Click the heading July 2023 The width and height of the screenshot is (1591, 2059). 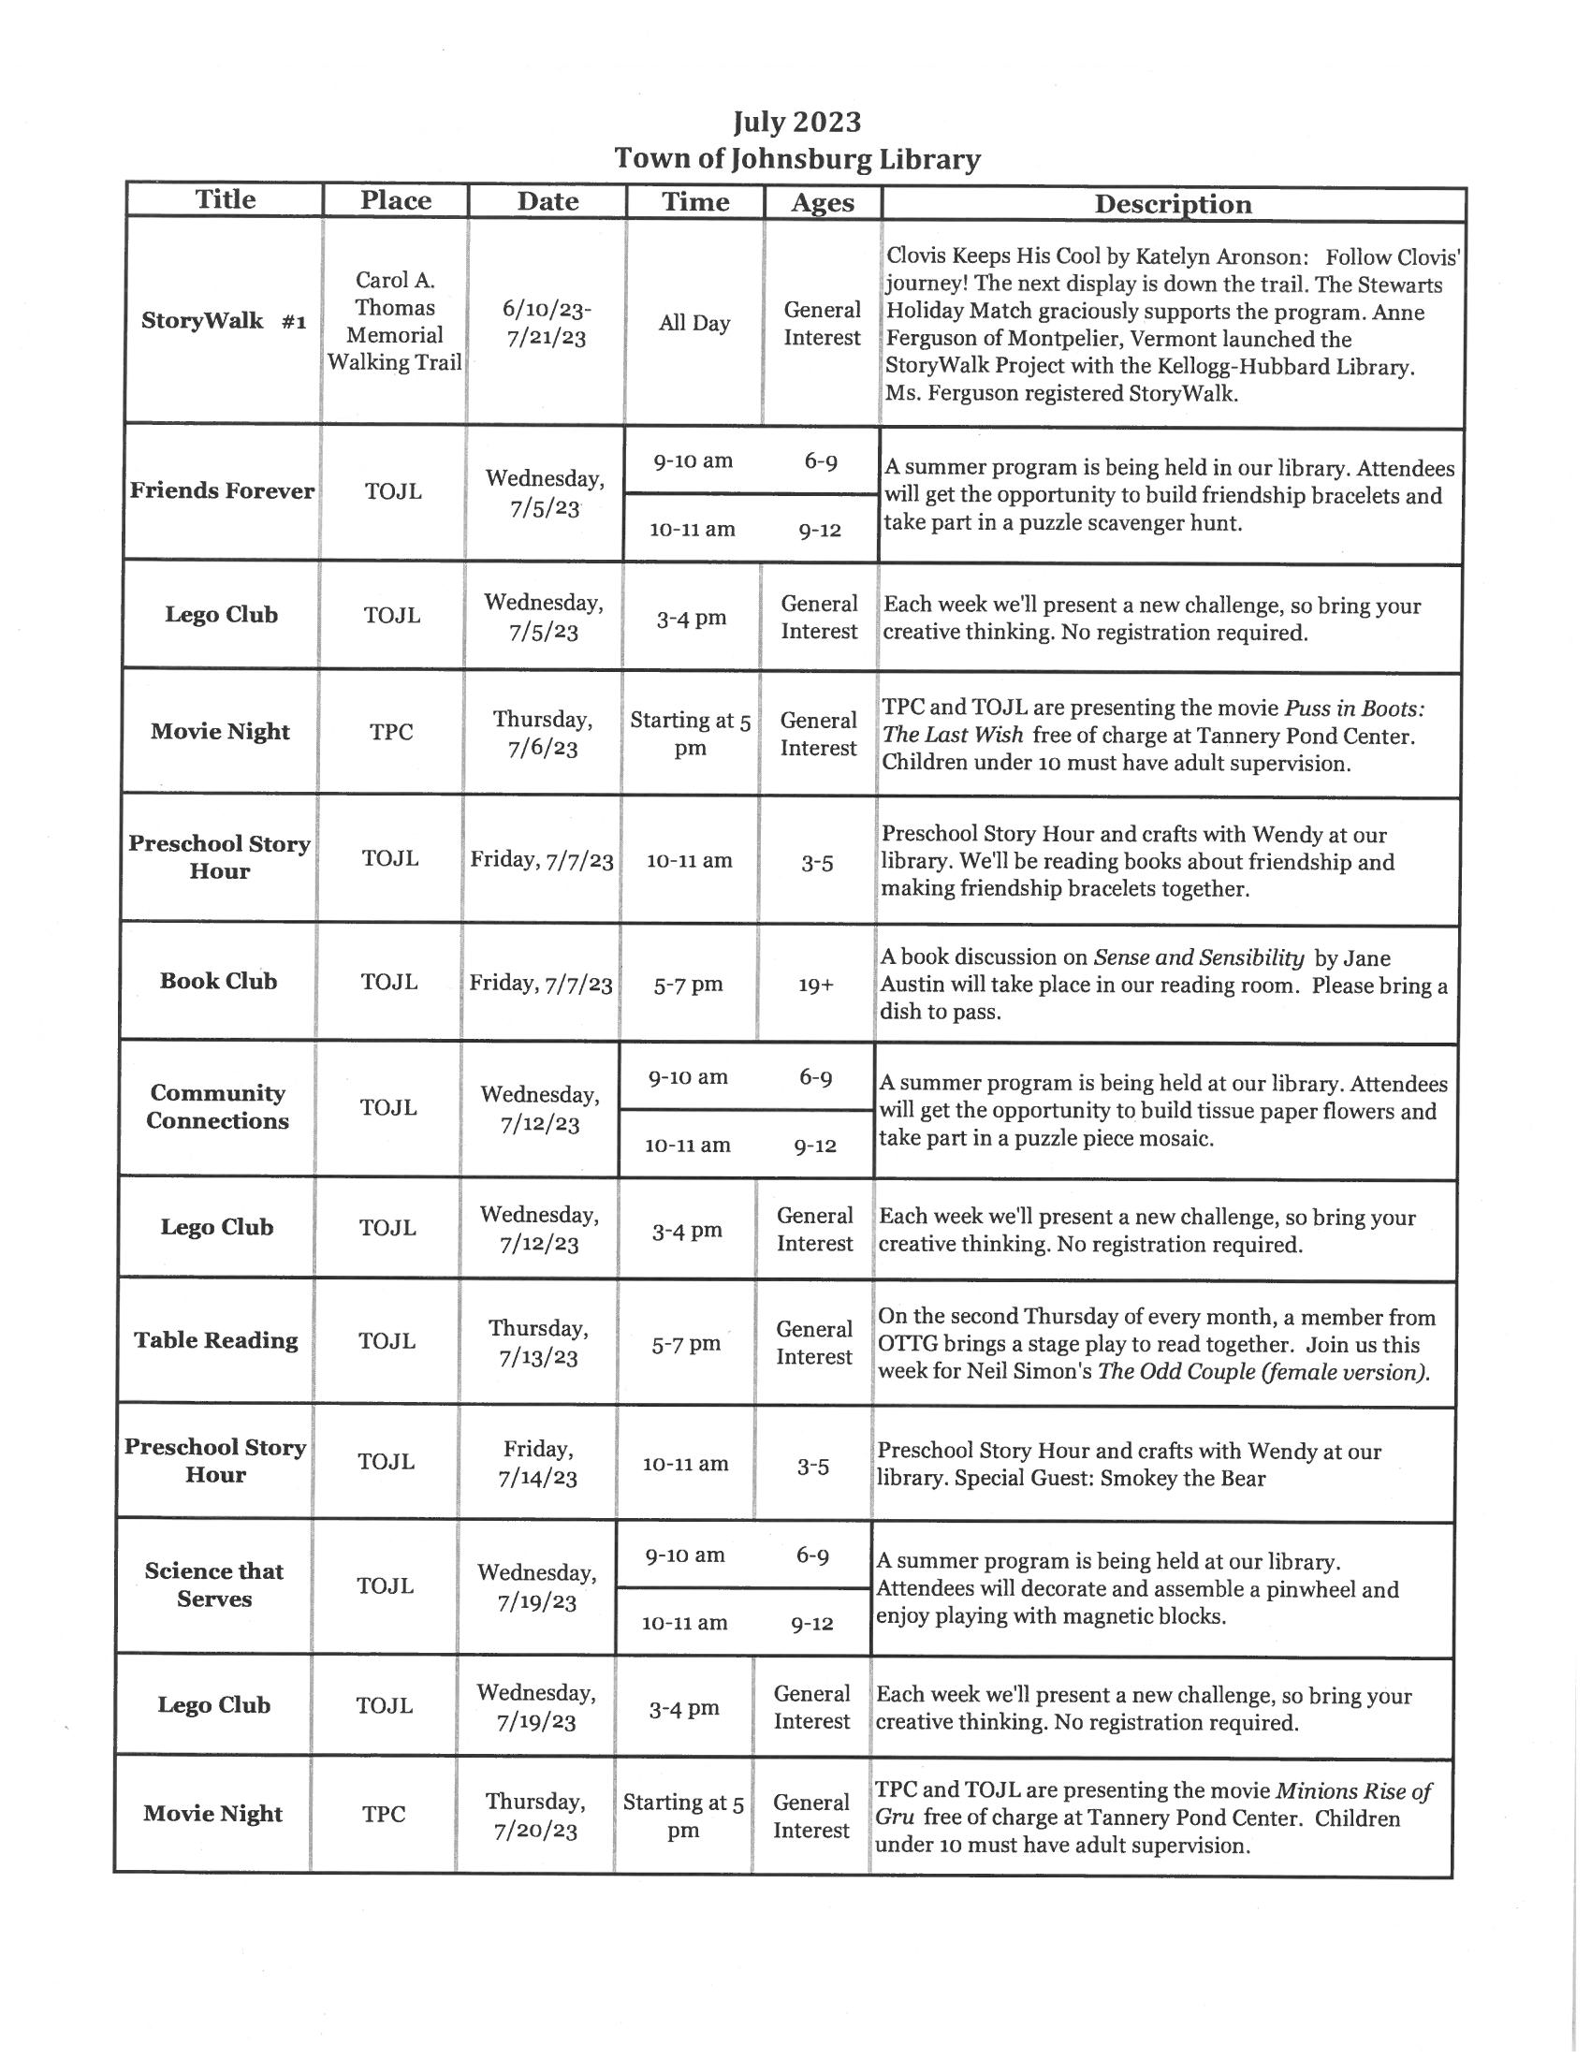tap(796, 123)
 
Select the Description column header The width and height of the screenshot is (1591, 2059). tap(1173, 205)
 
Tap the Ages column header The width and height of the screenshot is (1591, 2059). tap(822, 203)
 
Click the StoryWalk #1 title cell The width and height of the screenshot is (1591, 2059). tap(224, 321)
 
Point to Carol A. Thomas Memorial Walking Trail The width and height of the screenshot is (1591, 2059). tap(394, 321)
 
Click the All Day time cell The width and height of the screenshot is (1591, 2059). tap(694, 324)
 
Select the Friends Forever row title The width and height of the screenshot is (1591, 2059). tap(223, 491)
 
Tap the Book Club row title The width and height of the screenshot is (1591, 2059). tap(219, 982)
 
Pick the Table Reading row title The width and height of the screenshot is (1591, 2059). tap(216, 1340)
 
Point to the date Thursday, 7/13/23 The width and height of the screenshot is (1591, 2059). tap(538, 1342)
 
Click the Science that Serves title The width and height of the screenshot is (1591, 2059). tap(214, 1584)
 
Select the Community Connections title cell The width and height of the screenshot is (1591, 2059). tap(217, 1107)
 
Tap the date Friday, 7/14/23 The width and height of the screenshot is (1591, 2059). tap(537, 1463)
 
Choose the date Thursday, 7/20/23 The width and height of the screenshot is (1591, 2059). tap(535, 1816)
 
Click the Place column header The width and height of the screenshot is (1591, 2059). tap(395, 201)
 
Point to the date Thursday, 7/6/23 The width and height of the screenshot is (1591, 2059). tap(543, 734)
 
